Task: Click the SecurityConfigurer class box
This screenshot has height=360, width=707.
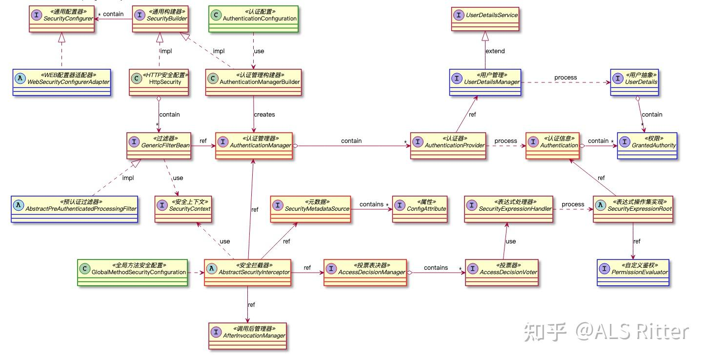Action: tap(61, 19)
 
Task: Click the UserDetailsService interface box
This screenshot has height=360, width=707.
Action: tap(485, 19)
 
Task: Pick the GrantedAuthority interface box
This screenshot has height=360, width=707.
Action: tap(647, 145)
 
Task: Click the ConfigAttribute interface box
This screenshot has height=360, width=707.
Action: tap(420, 209)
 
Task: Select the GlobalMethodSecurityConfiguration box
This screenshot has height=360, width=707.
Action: tap(133, 272)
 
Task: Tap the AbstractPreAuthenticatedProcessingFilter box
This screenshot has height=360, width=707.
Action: tap(74, 209)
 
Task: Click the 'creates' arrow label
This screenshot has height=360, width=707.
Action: tap(264, 115)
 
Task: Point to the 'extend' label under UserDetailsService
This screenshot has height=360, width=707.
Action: tap(495, 51)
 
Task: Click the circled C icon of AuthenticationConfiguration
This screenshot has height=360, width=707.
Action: tap(216, 15)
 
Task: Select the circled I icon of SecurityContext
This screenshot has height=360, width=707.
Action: tap(162, 205)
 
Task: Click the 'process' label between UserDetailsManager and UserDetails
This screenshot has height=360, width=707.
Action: tap(565, 78)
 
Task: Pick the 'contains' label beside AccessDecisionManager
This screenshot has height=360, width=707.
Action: tap(435, 268)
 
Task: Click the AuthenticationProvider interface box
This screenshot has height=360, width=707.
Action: tap(448, 145)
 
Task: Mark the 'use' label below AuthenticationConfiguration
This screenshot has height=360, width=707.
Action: tap(259, 51)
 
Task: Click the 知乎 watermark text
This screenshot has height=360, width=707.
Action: tap(545, 332)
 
